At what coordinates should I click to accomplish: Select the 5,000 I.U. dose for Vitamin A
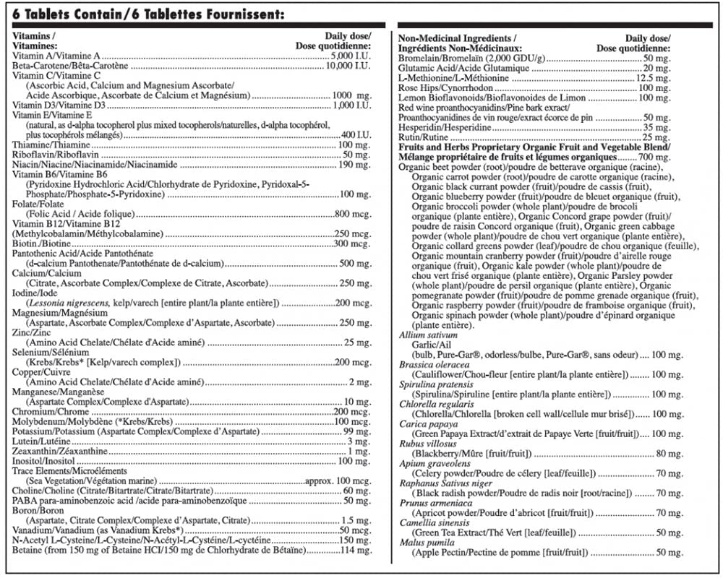coord(351,56)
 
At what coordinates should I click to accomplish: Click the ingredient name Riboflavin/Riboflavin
coord(47,155)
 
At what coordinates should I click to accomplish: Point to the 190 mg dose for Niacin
coord(354,165)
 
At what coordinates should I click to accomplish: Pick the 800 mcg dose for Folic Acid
coord(354,215)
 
